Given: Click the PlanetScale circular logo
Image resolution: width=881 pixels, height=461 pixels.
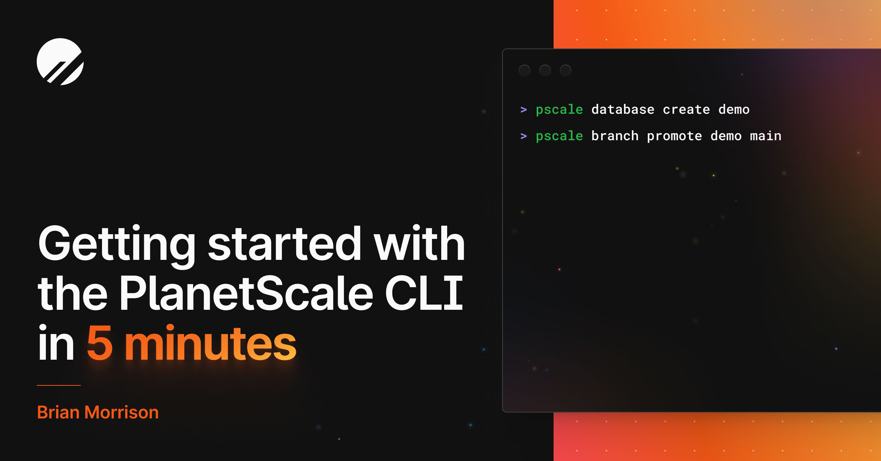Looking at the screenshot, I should tap(60, 62).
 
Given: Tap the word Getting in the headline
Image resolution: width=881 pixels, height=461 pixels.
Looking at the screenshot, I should tap(117, 244).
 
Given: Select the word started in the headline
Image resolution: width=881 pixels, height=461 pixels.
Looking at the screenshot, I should tap(285, 244).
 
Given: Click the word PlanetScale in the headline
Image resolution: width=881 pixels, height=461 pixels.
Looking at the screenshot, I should tap(246, 294).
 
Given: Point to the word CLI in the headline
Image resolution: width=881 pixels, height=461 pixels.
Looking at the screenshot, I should tap(424, 294).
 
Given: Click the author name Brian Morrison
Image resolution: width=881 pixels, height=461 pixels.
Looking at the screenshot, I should tap(98, 412).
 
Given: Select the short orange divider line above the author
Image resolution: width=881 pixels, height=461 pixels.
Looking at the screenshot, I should tap(59, 385).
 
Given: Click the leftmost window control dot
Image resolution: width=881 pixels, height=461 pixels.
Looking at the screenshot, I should tap(525, 70).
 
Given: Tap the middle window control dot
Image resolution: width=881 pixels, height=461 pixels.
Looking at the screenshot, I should tap(545, 70).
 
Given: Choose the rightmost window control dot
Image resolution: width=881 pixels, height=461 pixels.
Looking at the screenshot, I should tap(566, 70).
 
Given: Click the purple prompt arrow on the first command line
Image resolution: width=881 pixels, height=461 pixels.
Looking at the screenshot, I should tap(524, 109).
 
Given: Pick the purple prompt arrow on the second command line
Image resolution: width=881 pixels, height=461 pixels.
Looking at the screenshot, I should tap(524, 136).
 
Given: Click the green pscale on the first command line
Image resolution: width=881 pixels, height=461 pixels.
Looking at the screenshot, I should tap(559, 110).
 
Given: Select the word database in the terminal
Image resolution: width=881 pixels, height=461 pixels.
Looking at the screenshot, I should tap(623, 109).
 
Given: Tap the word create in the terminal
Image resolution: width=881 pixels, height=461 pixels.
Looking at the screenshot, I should tap(686, 109).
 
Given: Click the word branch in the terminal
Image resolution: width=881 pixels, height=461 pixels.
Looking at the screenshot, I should tap(615, 136).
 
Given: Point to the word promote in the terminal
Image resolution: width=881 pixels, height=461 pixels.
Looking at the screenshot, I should tap(674, 136).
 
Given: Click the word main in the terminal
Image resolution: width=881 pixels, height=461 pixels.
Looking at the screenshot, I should tap(765, 136).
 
